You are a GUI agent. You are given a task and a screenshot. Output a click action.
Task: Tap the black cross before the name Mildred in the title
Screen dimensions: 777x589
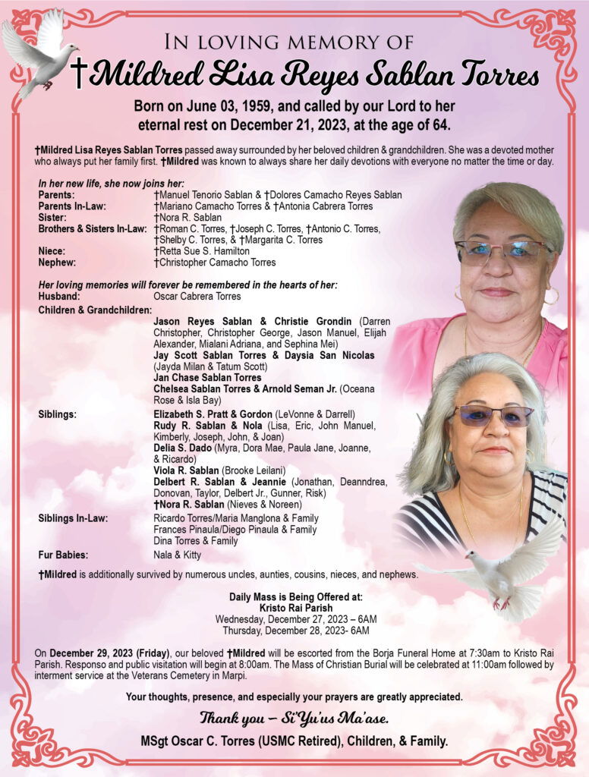[x=79, y=74]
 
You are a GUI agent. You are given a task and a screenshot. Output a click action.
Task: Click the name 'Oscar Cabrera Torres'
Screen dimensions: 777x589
[x=197, y=296]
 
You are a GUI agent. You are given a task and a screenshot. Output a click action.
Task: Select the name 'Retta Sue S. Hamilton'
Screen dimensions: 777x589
[x=201, y=250]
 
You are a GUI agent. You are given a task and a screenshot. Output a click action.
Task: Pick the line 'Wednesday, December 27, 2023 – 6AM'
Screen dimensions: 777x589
[x=295, y=619]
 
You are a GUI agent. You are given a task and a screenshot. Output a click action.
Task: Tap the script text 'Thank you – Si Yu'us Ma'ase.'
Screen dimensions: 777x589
[x=295, y=717]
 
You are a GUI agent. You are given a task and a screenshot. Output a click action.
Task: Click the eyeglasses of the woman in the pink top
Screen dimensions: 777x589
[x=502, y=251]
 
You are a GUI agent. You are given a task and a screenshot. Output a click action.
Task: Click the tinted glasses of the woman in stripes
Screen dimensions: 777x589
[x=493, y=416]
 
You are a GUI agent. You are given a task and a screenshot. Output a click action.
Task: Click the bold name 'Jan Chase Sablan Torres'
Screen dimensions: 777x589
[x=207, y=377]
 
